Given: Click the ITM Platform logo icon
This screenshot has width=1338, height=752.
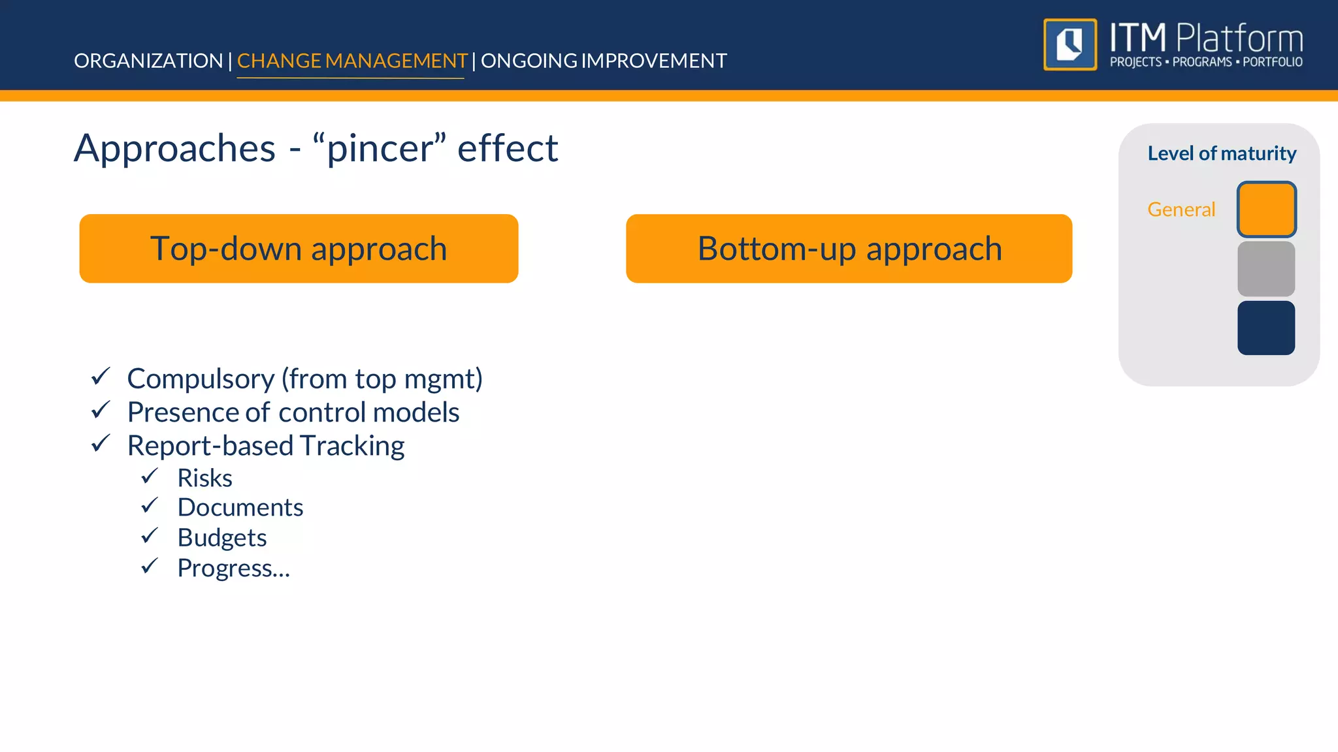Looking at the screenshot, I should pos(1069,44).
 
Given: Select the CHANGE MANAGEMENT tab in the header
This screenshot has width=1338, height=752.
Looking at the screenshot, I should pos(351,61).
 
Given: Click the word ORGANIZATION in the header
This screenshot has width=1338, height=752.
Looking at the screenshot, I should pos(148,61).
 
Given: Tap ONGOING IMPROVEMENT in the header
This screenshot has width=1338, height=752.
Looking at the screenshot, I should pos(604,61).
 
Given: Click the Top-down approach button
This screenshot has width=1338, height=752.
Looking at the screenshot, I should pos(299,249).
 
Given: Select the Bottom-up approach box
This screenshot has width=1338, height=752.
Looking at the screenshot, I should pos(849,249).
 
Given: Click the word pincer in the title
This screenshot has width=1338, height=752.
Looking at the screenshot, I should pos(379,149).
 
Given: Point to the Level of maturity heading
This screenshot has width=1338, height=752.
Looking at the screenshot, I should pos(1222,153).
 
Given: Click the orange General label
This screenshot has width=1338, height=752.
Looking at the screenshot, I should pos(1181,210).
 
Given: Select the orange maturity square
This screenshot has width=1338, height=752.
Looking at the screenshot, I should pos(1266,210).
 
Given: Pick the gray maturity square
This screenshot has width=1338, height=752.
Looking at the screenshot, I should pos(1266,269).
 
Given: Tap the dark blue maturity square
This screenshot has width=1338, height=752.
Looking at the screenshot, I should pos(1266,328).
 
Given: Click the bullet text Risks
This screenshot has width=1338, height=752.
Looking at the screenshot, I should pos(204,478).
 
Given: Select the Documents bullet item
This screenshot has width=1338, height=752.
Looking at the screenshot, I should pos(240,508).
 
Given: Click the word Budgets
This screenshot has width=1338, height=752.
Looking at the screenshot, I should pos(222,538).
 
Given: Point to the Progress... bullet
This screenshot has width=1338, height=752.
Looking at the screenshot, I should pos(233,568).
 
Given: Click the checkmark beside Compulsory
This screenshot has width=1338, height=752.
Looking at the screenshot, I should pos(101,377).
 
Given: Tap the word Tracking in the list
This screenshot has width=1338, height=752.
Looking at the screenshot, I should pos(352,446).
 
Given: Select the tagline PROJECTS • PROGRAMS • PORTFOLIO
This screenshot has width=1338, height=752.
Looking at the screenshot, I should pos(1206,62).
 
